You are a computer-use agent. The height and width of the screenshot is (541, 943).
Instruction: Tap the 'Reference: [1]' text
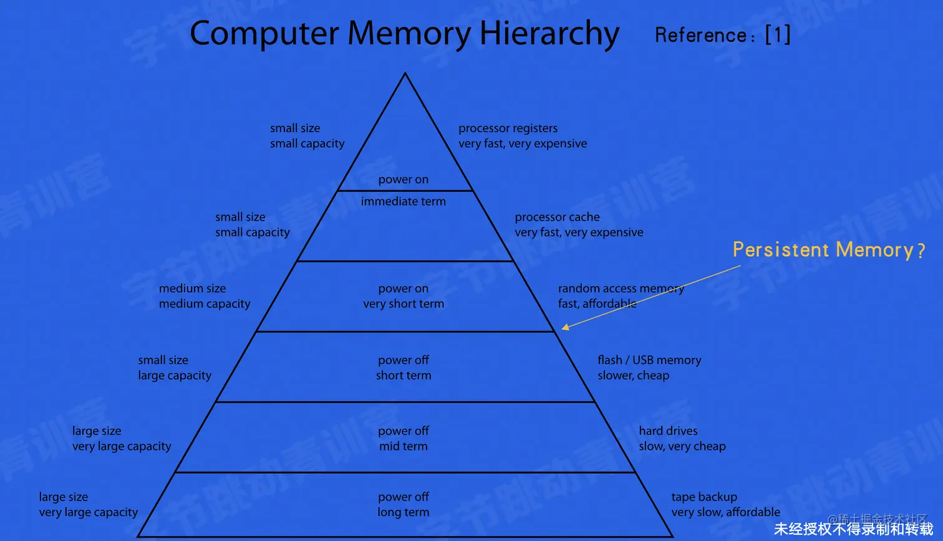pos(722,35)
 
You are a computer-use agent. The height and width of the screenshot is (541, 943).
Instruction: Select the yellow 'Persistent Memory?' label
pos(828,250)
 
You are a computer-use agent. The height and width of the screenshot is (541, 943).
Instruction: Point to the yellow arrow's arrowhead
pos(564,327)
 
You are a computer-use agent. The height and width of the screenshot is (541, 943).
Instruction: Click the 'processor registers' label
pos(508,128)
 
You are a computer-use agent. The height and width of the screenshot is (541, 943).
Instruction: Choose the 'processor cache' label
pos(557,217)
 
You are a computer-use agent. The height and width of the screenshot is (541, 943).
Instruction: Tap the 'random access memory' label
pos(621,289)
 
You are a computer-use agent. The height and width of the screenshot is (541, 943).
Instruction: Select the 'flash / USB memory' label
pos(649,360)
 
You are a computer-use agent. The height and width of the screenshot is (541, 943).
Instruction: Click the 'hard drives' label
pos(668,431)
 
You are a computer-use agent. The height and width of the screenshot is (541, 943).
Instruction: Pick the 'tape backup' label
pos(704,497)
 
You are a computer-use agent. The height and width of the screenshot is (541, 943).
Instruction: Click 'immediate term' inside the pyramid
pos(403,201)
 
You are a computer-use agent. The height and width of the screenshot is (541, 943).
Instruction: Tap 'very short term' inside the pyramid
pos(404,304)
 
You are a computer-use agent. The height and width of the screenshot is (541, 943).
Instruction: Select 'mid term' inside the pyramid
pos(404,446)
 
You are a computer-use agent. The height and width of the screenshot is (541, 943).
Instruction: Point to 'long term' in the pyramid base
pos(403,512)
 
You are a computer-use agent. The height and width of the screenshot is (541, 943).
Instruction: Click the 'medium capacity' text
pos(204,304)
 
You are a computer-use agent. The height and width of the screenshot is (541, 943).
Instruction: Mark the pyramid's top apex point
pos(405,74)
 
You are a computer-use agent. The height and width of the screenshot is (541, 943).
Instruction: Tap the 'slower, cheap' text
pos(633,376)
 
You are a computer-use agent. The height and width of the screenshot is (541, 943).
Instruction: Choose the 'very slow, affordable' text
pos(725,512)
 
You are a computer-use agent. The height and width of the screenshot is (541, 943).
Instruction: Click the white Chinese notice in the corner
pos(853,529)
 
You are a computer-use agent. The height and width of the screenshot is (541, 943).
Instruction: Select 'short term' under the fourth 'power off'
pos(404,376)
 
